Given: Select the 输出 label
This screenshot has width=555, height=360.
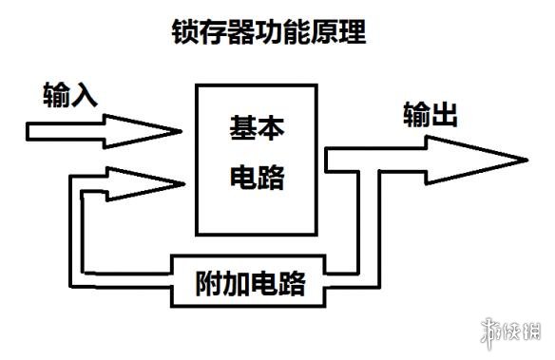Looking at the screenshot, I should point(431,116).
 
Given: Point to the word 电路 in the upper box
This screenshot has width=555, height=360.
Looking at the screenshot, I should point(258,178).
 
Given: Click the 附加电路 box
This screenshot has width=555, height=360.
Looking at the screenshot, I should point(256,281).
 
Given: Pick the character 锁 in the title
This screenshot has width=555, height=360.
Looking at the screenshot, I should point(182,33).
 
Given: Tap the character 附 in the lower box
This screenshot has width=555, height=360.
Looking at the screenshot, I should point(212,282).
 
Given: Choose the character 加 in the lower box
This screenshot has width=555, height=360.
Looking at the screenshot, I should point(240,282).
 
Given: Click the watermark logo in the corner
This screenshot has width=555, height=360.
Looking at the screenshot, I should point(513,334).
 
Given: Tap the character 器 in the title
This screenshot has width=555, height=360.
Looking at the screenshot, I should point(239,33).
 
